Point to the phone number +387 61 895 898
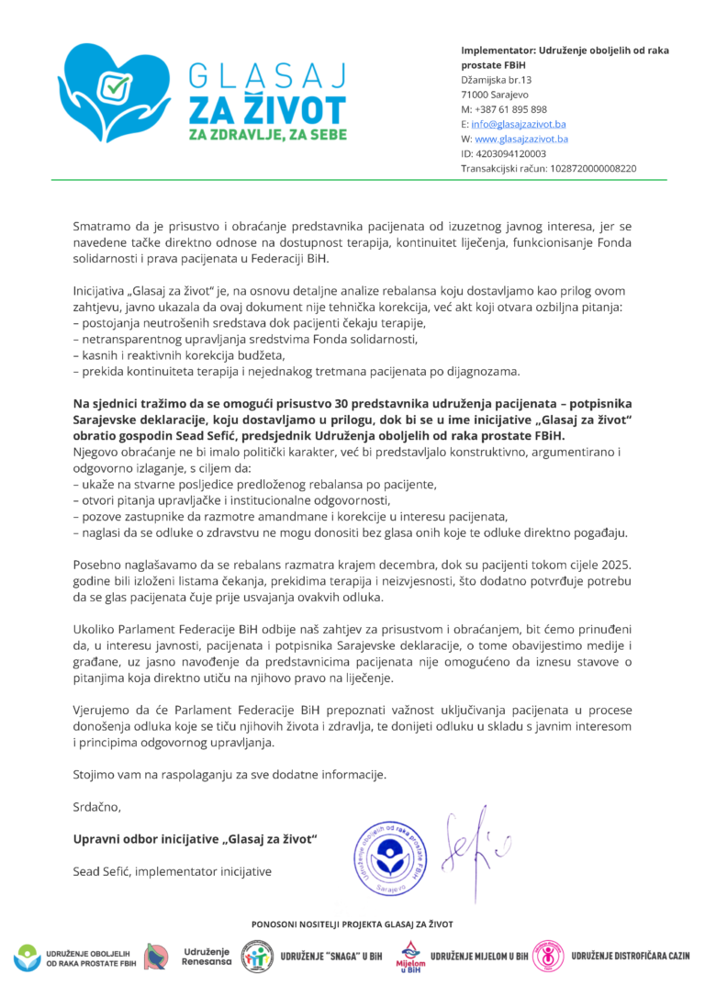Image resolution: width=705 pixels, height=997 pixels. (x=504, y=109)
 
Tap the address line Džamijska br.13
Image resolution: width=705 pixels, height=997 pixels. (x=497, y=80)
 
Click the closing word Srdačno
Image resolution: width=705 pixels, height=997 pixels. (x=96, y=807)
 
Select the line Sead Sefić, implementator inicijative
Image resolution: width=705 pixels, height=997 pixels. (x=172, y=871)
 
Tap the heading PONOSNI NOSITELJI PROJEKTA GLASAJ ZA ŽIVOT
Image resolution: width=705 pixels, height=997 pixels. (x=352, y=924)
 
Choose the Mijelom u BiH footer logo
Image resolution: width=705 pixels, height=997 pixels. (x=410, y=956)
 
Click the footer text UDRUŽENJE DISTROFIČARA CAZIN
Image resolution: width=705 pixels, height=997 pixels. (x=630, y=956)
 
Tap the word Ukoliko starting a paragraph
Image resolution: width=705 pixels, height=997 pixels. (x=96, y=631)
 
